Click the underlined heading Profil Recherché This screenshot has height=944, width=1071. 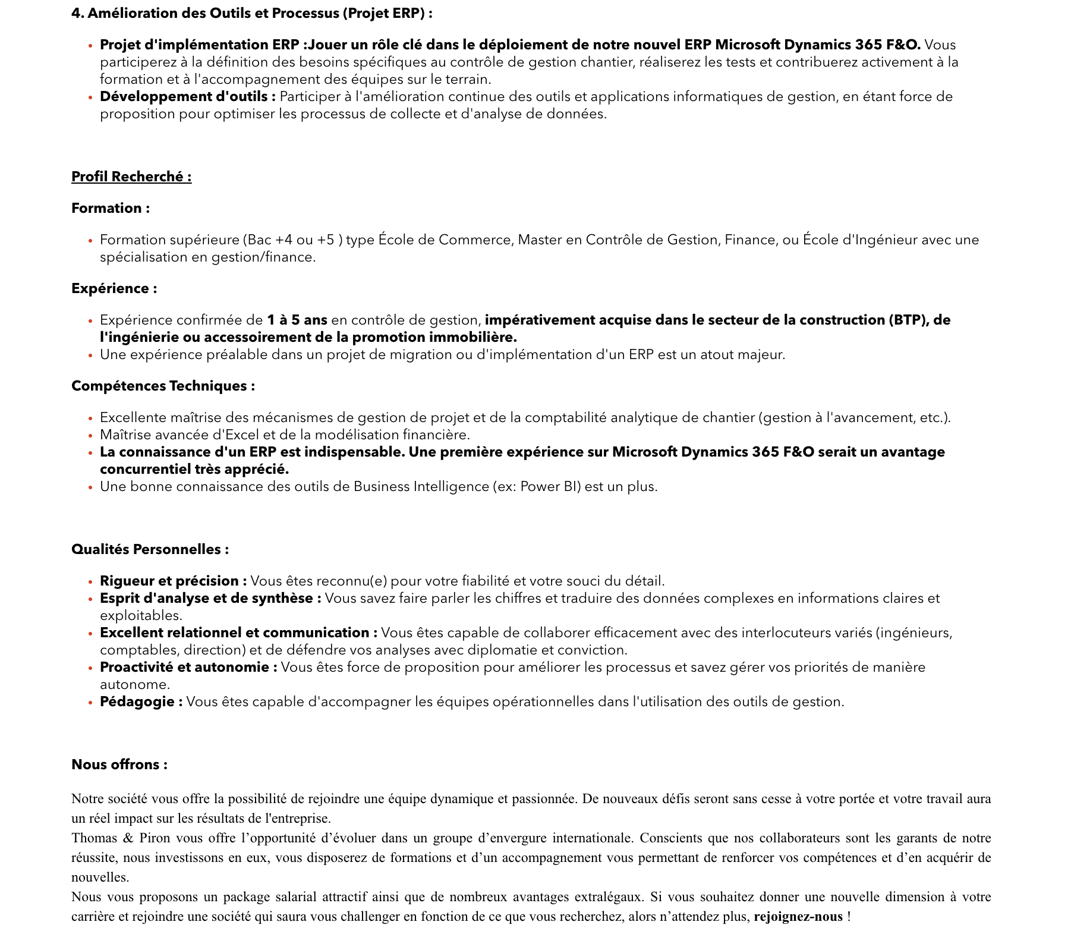(x=131, y=177)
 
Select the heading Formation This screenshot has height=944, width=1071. (x=111, y=208)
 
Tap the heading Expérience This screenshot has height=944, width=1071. (x=114, y=288)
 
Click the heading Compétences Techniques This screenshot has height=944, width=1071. (x=163, y=386)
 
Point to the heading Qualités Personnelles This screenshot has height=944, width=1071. (x=150, y=549)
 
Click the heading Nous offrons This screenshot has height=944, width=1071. (x=119, y=764)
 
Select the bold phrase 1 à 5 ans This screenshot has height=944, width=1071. (x=297, y=320)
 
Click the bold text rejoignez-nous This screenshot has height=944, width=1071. (x=798, y=916)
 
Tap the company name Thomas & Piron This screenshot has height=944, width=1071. (x=121, y=838)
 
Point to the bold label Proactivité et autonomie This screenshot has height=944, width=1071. (x=188, y=667)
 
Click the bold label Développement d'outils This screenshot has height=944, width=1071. (x=187, y=96)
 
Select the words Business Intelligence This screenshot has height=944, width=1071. (x=421, y=486)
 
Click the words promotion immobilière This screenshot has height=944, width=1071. (x=434, y=337)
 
